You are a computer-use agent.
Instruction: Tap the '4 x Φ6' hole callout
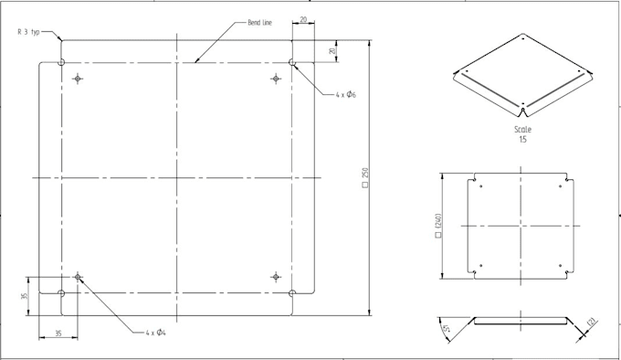tap(345, 94)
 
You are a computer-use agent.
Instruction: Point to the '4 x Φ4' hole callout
tap(155, 333)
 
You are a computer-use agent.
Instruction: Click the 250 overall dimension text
tap(365, 176)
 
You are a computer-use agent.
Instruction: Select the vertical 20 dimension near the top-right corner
tap(333, 51)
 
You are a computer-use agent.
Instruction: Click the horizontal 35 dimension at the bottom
tap(57, 334)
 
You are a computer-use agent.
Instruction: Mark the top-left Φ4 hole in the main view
tap(78, 79)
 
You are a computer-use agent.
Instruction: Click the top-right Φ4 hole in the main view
tap(275, 79)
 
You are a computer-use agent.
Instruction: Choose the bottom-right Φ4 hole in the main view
tap(275, 276)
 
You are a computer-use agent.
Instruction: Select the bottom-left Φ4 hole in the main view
tap(78, 276)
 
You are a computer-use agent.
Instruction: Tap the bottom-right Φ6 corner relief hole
tap(291, 292)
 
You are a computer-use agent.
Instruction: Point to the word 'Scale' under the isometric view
tap(523, 130)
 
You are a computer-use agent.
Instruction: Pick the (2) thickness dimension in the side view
tap(592, 323)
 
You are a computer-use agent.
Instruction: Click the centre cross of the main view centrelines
tap(176, 176)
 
